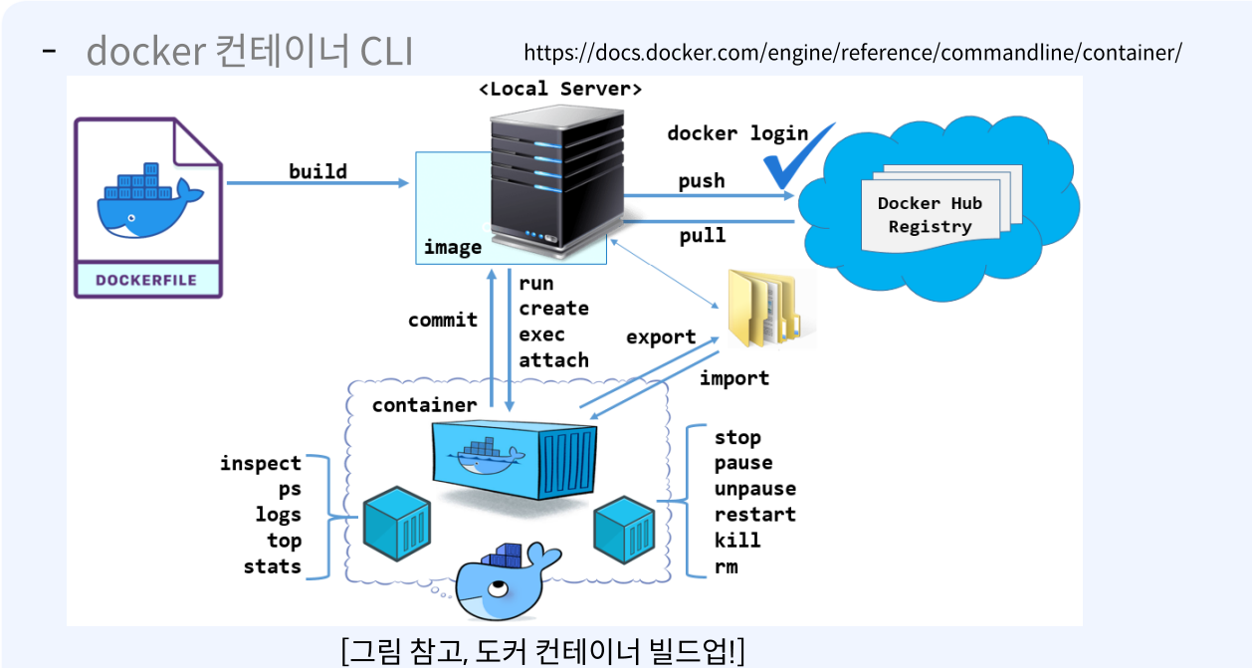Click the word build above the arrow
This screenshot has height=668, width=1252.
pos(317,171)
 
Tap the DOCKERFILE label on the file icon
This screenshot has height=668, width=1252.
pos(146,280)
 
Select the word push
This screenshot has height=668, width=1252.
pos(702,181)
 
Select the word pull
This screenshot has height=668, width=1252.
pos(702,236)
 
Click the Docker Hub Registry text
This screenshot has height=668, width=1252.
pos(930,215)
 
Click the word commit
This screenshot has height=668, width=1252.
pos(443,320)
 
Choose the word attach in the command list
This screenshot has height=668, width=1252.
pos(553,359)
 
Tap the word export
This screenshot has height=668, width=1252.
pos(661,337)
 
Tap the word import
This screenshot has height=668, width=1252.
pos(733,378)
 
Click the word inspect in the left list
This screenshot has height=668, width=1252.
pos(261,463)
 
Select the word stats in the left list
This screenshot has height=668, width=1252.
pos(272,566)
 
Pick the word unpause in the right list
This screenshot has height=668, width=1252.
pos(754,489)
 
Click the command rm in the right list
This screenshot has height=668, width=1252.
pos(726,566)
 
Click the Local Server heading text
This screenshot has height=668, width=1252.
pos(560,89)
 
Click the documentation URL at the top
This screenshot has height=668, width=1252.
pos(852,52)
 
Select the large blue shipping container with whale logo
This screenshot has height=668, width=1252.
pos(515,459)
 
